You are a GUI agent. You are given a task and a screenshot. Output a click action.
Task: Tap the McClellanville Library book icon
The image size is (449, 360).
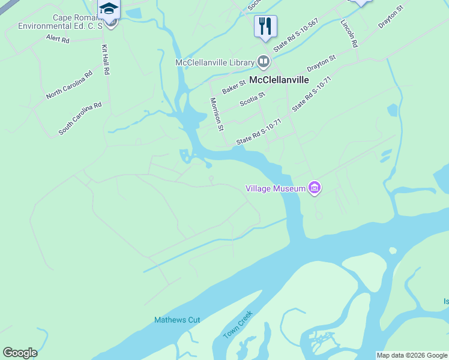pyautogui.click(x=264, y=62)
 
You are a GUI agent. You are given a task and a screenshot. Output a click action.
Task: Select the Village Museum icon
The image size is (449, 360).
pyautogui.click(x=314, y=188)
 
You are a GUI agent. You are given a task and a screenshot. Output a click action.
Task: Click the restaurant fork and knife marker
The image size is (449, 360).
pyautogui.click(x=265, y=26)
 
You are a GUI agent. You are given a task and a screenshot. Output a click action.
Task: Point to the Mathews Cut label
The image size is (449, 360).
pyautogui.click(x=177, y=320)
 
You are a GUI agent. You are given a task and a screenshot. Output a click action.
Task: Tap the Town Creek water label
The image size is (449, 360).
pyautogui.click(x=238, y=325)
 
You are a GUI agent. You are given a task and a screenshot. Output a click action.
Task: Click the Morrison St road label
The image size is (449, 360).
pyautogui.click(x=216, y=114)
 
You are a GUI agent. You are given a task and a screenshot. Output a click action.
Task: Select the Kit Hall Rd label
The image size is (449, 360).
pyautogui.click(x=106, y=59)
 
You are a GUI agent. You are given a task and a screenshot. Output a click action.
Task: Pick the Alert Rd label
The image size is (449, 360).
pyautogui.click(x=58, y=39)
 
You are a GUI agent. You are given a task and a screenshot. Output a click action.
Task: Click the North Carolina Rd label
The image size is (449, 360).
pyautogui.click(x=69, y=85)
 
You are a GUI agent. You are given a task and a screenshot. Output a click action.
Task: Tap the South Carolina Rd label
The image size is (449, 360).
pyautogui.click(x=80, y=118)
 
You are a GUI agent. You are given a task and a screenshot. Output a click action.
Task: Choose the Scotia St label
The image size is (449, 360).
pyautogui.click(x=253, y=98)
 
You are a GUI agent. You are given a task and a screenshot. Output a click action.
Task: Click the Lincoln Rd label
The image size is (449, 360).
pyautogui.click(x=349, y=34)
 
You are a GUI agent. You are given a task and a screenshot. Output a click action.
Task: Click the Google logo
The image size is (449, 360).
pyautogui.click(x=20, y=353)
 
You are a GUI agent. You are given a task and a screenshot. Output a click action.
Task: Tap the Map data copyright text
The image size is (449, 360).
pyautogui.click(x=412, y=355)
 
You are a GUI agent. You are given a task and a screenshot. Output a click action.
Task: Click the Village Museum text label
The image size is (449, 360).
pyautogui.click(x=276, y=188)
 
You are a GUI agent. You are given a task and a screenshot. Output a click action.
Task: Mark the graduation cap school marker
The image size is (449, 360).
pyautogui.click(x=109, y=10)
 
